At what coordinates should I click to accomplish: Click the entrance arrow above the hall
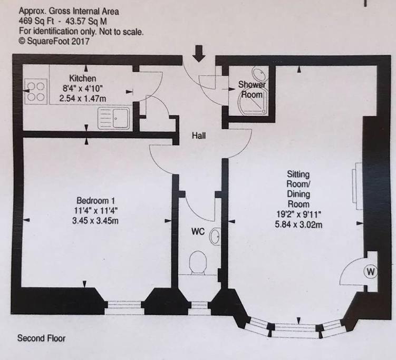[199, 54]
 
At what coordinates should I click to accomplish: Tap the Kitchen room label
[83, 78]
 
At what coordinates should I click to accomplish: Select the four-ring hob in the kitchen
[36, 92]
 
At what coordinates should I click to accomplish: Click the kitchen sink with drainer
[114, 119]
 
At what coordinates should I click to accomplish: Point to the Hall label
[199, 135]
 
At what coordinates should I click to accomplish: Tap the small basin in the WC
[215, 236]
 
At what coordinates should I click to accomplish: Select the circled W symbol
[371, 272]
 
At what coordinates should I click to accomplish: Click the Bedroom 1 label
[95, 201]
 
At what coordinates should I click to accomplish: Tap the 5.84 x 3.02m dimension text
[298, 225]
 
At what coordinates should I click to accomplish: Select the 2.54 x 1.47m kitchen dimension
[83, 98]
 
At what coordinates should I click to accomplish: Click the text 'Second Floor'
[41, 338]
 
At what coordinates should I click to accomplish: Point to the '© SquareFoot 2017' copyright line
[54, 41]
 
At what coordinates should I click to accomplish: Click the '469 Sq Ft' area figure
[36, 21]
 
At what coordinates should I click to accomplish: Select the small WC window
[199, 308]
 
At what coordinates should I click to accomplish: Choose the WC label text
[198, 231]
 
